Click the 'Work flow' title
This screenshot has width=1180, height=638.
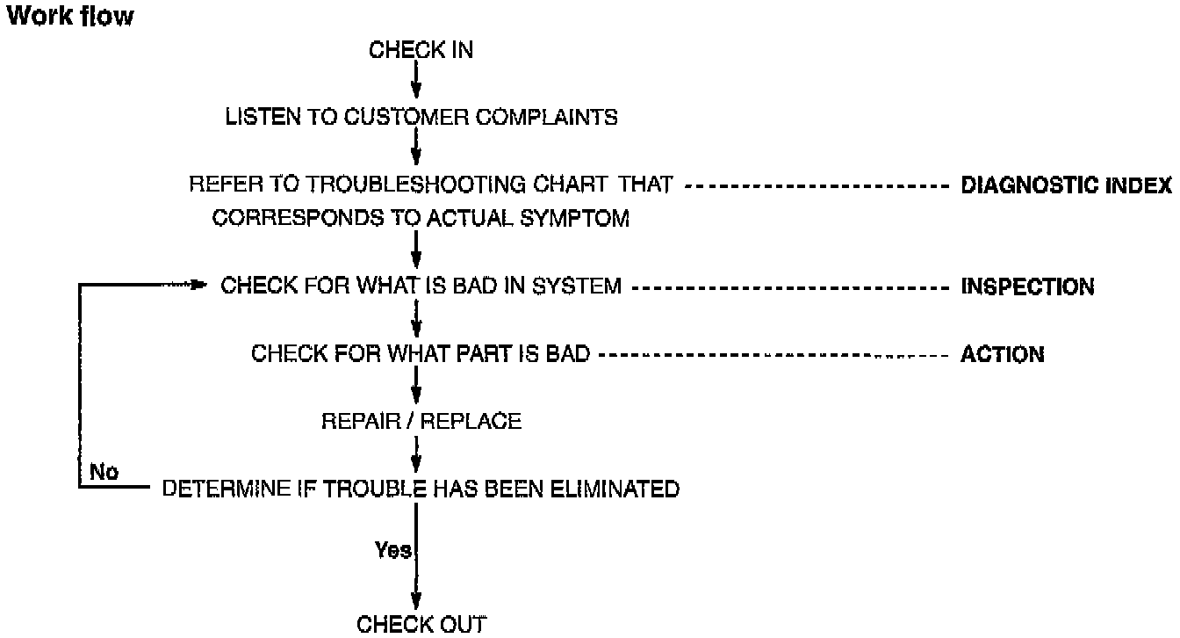tap(70, 16)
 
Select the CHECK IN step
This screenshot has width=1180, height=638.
tap(421, 50)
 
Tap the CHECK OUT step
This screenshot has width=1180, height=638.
tap(421, 624)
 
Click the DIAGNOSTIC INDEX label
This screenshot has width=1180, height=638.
tap(1066, 186)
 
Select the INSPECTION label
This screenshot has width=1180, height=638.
tap(1028, 286)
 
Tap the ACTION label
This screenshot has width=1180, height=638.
tap(1003, 355)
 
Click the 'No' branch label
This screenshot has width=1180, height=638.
tap(104, 473)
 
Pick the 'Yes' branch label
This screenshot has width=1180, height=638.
tap(392, 551)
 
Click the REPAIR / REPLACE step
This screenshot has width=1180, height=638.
tap(421, 422)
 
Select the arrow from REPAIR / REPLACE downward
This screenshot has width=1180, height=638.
tap(415, 456)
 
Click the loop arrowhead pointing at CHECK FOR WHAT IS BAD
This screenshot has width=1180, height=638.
tap(197, 286)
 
